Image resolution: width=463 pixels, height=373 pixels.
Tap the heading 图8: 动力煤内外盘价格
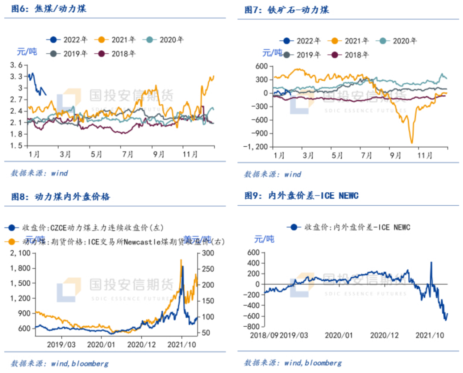pyautogui.click(x=60, y=197)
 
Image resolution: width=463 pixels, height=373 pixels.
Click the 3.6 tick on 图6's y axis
pyautogui.click(x=16, y=65)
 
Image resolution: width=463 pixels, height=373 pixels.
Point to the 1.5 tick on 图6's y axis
pyautogui.click(x=16, y=146)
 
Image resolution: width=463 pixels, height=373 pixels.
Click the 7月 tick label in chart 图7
pyautogui.click(x=367, y=155)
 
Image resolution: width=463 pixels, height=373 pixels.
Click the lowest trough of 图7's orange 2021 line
pyautogui.click(x=412, y=143)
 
